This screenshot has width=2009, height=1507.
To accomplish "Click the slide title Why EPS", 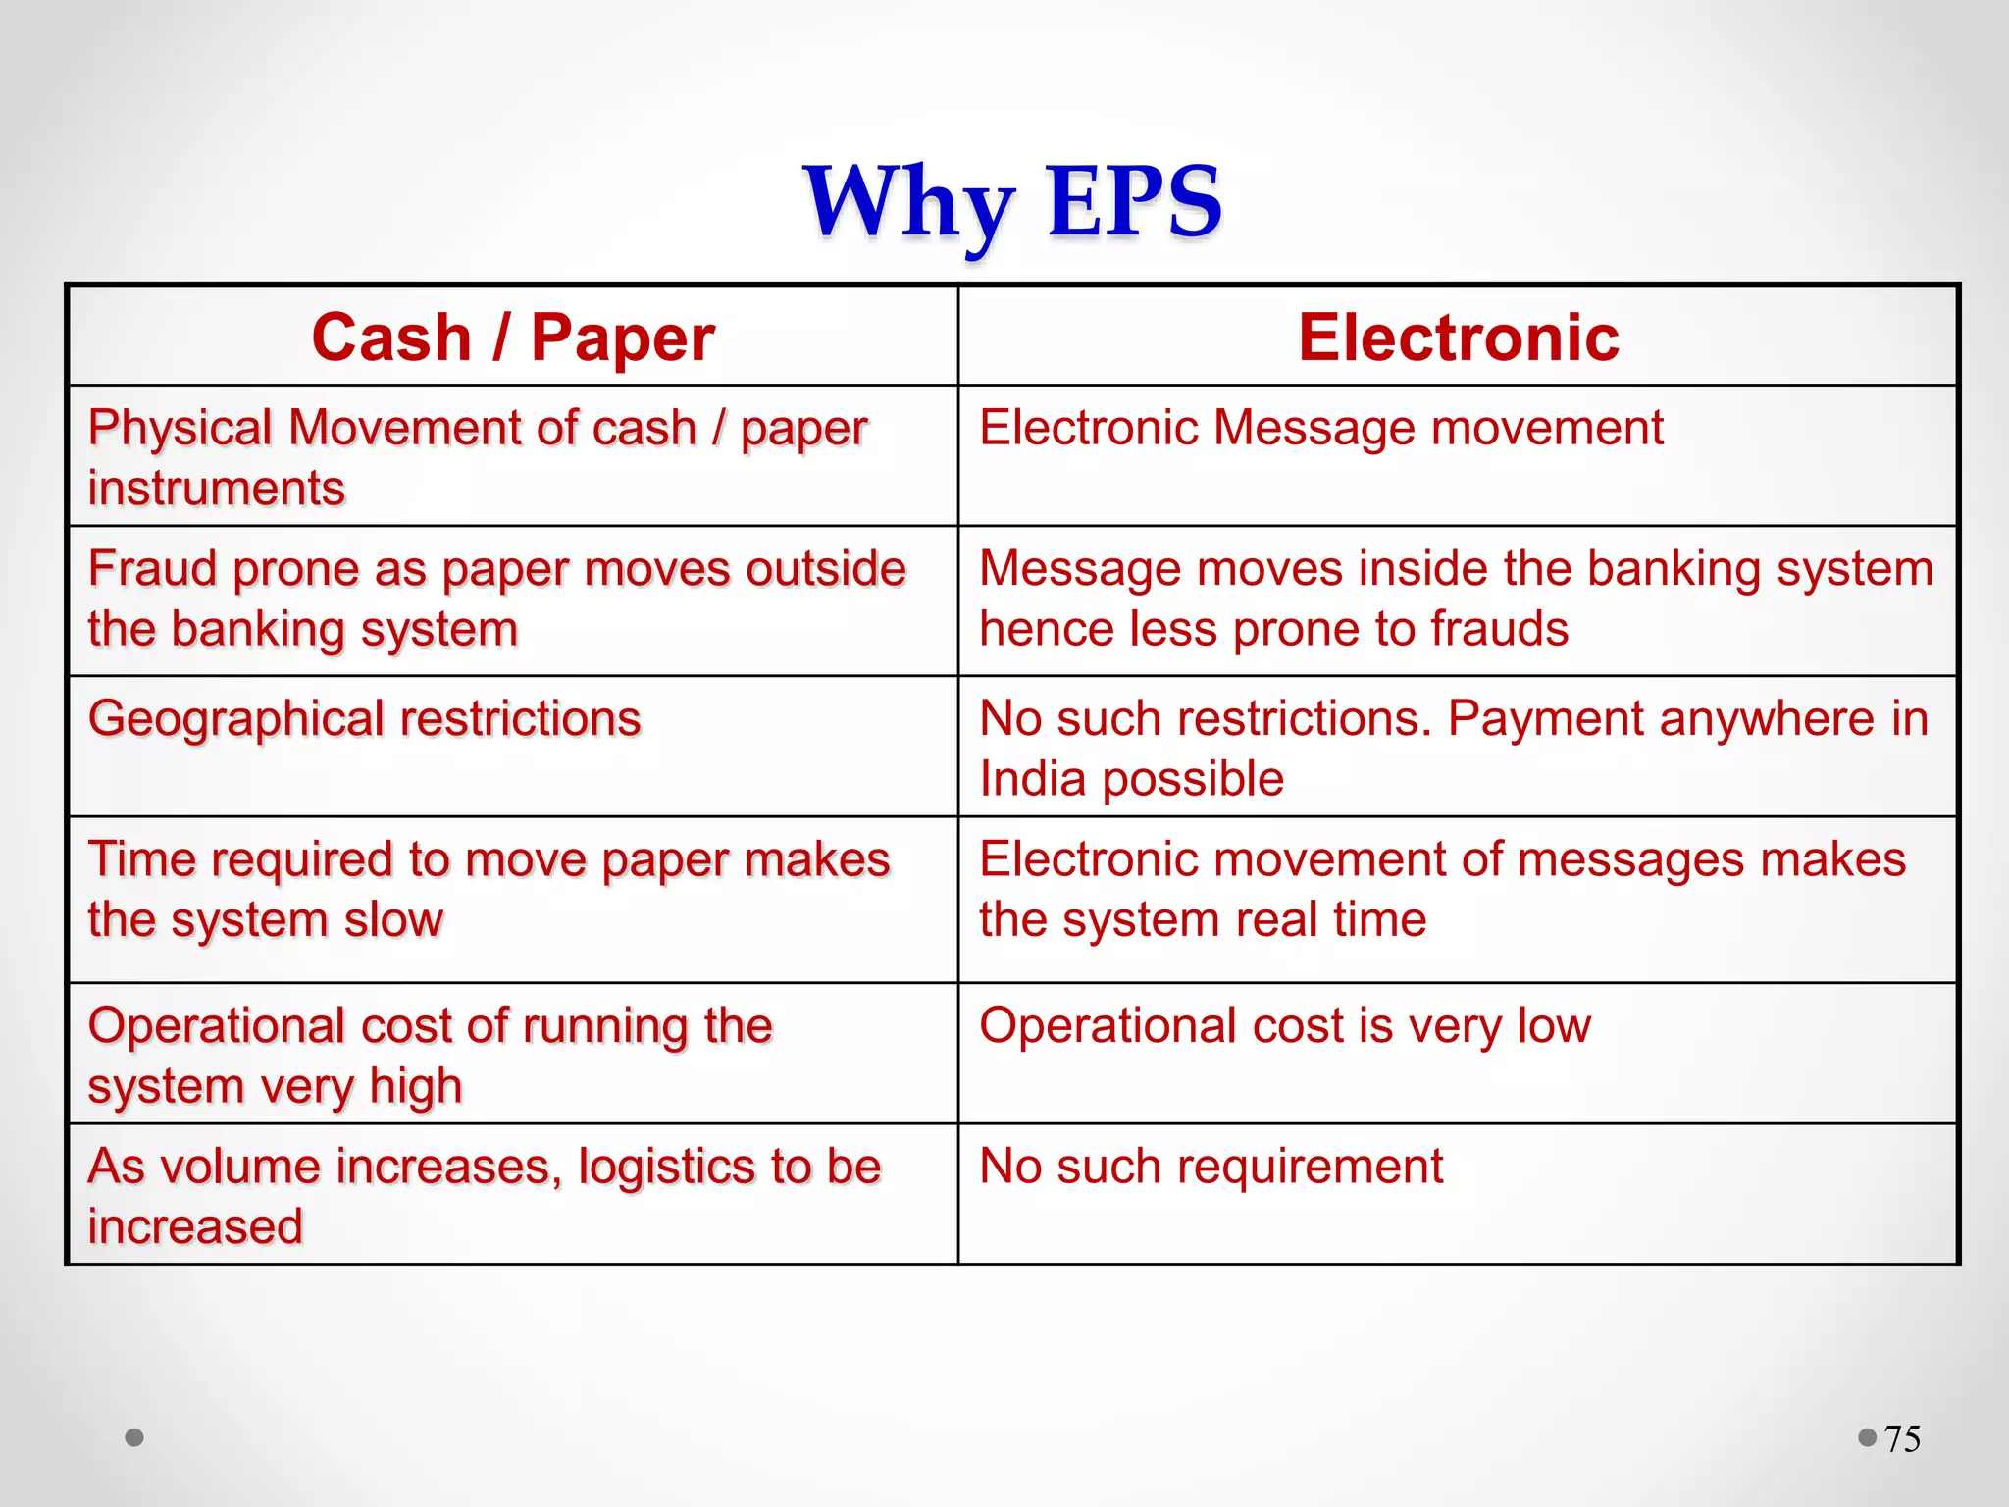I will click(x=1012, y=202).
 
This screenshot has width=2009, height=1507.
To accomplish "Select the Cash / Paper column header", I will click(x=513, y=338).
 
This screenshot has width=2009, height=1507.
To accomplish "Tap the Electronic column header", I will click(x=1458, y=338).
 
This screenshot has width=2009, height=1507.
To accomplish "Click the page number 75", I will click(x=1902, y=1439).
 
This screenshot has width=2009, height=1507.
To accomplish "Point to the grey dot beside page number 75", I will click(x=1867, y=1437).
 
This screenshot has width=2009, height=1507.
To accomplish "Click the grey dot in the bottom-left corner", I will click(x=134, y=1437).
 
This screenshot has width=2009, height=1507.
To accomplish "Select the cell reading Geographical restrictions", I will click(x=364, y=719).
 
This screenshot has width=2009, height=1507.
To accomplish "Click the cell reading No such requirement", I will click(x=1211, y=1168).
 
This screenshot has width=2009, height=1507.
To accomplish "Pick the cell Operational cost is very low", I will click(x=1284, y=1026).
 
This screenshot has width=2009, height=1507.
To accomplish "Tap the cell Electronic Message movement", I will click(x=1320, y=429).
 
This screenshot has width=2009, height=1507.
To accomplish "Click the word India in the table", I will click(x=1032, y=780).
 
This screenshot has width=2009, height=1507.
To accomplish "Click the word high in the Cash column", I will click(x=416, y=1087).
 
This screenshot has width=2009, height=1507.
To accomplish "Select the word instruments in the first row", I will click(x=216, y=489).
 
